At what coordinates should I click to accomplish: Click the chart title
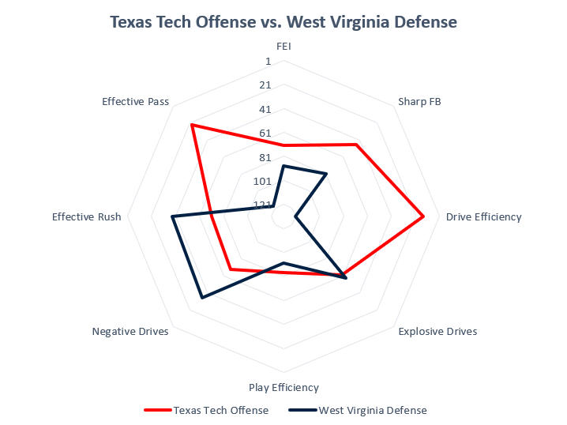tap(283, 22)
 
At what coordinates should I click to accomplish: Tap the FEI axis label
tap(283, 46)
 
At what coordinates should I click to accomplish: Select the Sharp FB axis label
tap(419, 101)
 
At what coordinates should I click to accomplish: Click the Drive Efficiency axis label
tap(483, 216)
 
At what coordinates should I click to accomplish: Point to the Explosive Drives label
tap(437, 332)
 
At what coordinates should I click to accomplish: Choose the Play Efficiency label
tap(283, 387)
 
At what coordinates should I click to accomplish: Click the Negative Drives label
tap(130, 332)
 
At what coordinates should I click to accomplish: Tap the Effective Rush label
tap(87, 216)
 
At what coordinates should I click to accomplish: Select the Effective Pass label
tap(136, 101)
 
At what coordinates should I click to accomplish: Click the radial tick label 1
tap(268, 62)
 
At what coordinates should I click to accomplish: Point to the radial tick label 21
tap(265, 85)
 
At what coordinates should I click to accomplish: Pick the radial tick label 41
tap(265, 109)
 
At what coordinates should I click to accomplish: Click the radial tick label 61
tap(265, 134)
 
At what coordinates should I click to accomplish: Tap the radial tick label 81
tap(265, 157)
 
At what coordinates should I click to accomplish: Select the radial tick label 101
tap(263, 181)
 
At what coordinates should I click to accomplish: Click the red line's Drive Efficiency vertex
tap(424, 216)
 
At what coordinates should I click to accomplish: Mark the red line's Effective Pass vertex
tap(191, 125)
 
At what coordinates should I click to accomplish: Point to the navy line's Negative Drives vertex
tap(202, 298)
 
